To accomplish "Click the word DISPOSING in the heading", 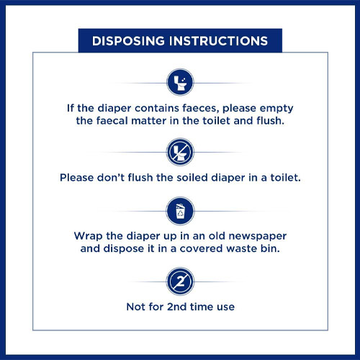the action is [x=128, y=41].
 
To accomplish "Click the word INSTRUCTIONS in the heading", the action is [x=219, y=41].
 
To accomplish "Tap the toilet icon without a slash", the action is [x=180, y=82].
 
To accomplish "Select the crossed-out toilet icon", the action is [x=180, y=152].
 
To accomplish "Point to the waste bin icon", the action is [x=180, y=211].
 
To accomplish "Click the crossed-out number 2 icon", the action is [x=180, y=282].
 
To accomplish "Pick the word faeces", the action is [x=201, y=108].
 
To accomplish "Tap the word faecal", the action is [x=112, y=120].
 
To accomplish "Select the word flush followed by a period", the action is [x=270, y=120].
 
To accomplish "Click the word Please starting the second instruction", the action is [x=77, y=178].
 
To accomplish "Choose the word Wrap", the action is [x=89, y=236].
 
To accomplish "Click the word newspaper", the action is [x=257, y=237].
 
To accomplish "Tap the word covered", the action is [x=202, y=248].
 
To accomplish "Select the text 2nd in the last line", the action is [x=176, y=307].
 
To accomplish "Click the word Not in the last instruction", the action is [x=135, y=307].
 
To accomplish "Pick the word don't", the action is [x=111, y=178].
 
